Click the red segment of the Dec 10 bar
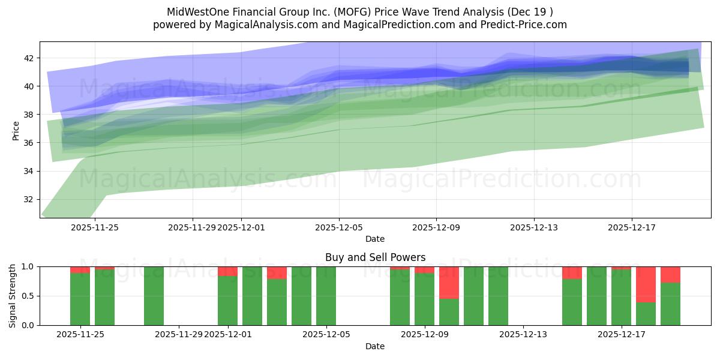point(449,282)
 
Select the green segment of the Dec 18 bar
point(646,314)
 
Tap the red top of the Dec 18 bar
point(646,284)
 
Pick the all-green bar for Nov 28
point(154,296)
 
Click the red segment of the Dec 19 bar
point(670,274)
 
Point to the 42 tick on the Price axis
point(32,58)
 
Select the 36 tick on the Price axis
point(32,143)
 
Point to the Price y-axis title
point(16,130)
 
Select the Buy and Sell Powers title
point(375,257)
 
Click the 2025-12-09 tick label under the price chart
point(436,227)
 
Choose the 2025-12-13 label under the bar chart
point(523,335)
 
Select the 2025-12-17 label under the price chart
point(631,227)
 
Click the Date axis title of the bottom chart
point(375,346)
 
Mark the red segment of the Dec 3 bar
point(277,272)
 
